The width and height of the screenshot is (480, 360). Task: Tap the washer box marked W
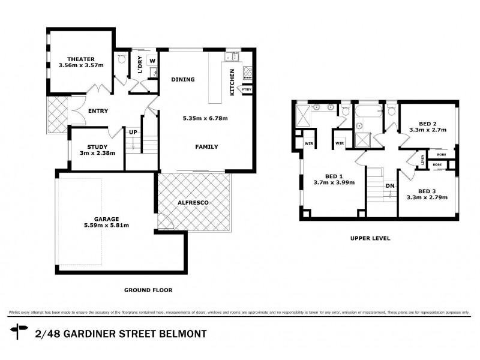tap(152, 61)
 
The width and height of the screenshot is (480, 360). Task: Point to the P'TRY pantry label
tap(246, 90)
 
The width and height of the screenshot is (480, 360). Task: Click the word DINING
tap(182, 79)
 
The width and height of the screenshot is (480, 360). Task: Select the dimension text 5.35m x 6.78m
tap(205, 118)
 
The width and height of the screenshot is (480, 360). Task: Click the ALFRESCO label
tap(193, 203)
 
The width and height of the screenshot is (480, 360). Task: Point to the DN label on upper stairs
tap(390, 185)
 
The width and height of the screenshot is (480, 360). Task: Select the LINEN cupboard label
tap(423, 160)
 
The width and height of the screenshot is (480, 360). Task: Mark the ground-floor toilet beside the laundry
tap(122, 59)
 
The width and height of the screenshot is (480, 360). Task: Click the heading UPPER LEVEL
tap(370, 238)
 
